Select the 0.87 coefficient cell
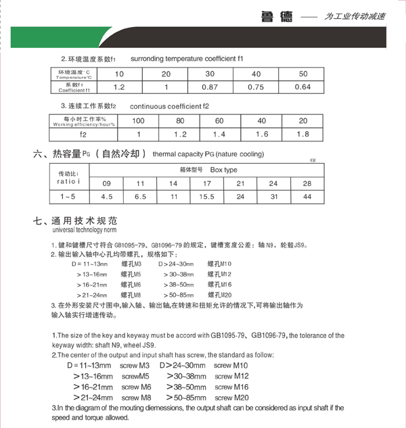tap(210, 87)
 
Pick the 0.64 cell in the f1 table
tap(302, 87)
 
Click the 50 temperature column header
tap(302, 73)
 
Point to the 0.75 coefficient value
tap(256, 87)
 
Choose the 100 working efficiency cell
tap(139, 120)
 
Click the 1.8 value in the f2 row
tap(302, 135)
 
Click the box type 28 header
tap(307, 183)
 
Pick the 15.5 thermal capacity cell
tap(207, 197)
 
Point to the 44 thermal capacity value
tap(307, 197)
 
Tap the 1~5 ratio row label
tap(67, 197)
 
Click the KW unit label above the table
tap(313, 161)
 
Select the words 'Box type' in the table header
tap(224, 170)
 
